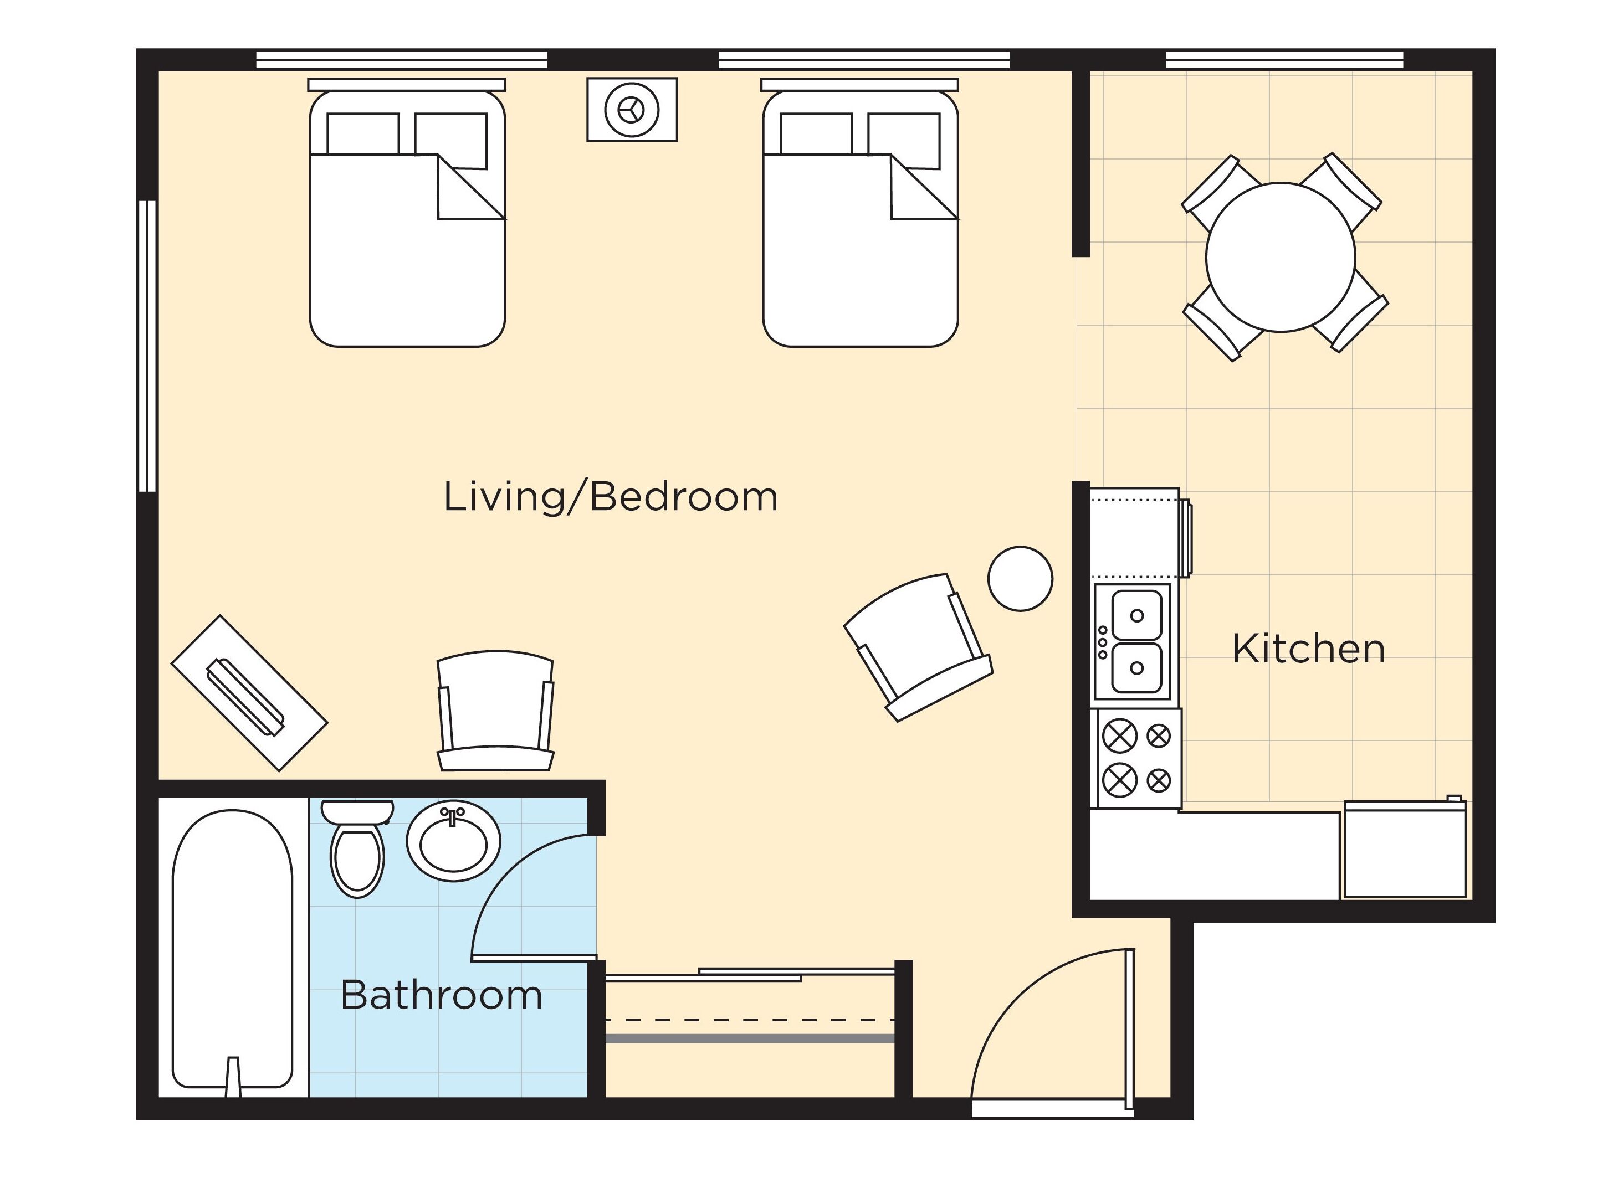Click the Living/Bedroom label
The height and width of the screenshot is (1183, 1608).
610,496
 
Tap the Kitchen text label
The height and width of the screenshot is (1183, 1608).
1308,649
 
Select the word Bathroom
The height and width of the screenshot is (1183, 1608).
441,995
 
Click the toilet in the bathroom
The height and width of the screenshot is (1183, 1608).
357,848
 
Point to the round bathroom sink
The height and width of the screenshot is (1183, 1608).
453,841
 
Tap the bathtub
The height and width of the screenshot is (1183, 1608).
233,953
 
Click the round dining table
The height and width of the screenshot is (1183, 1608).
1281,257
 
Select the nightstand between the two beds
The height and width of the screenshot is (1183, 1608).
632,110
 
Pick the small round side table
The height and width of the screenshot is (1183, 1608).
1020,579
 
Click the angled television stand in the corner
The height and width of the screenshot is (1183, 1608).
249,692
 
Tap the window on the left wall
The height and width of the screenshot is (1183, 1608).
147,346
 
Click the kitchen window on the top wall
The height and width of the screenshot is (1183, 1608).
1284,59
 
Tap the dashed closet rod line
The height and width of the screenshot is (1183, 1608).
750,1019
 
